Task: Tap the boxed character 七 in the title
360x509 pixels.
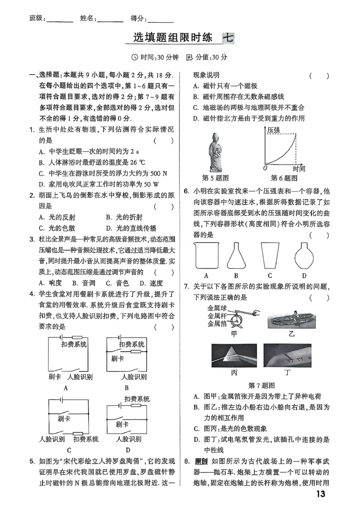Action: tap(228, 38)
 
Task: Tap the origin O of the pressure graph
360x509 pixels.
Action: tap(265, 168)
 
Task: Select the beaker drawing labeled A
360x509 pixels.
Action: tap(206, 256)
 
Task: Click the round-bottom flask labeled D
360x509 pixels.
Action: tap(304, 256)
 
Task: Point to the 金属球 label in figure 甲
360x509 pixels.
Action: tap(216, 308)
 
